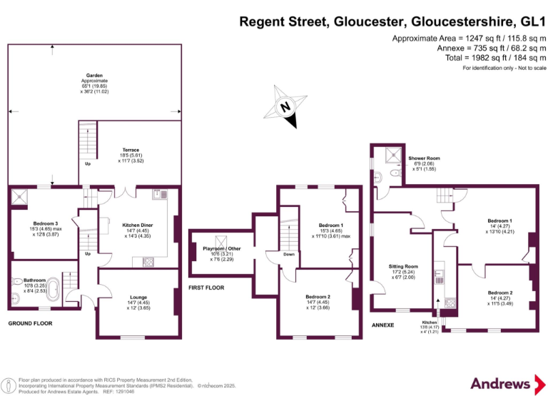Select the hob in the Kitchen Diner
[148, 261]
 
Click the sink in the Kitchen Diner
[160, 193]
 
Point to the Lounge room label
[138, 298]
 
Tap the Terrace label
[131, 150]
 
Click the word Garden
[95, 75]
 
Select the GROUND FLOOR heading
[30, 323]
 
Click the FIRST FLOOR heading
[206, 288]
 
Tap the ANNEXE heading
[383, 325]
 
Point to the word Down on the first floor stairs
[288, 253]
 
